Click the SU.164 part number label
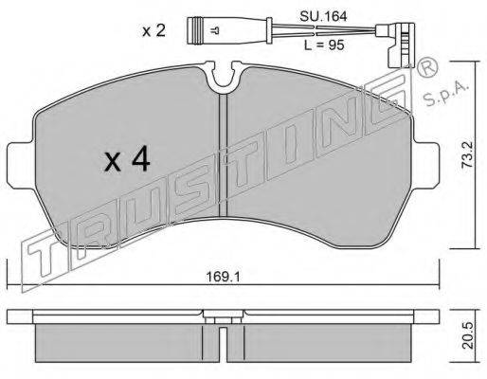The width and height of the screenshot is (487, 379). click(x=323, y=16)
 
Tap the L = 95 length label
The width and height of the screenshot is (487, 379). click(x=324, y=45)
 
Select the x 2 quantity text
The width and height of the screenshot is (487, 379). click(x=153, y=31)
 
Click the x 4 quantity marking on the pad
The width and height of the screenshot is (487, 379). click(x=127, y=160)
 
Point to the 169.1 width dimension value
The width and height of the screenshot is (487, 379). click(x=223, y=277)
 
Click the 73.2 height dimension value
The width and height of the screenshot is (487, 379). click(x=467, y=154)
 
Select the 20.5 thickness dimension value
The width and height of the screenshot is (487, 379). click(x=467, y=335)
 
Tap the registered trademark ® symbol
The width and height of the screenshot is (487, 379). click(x=427, y=68)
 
